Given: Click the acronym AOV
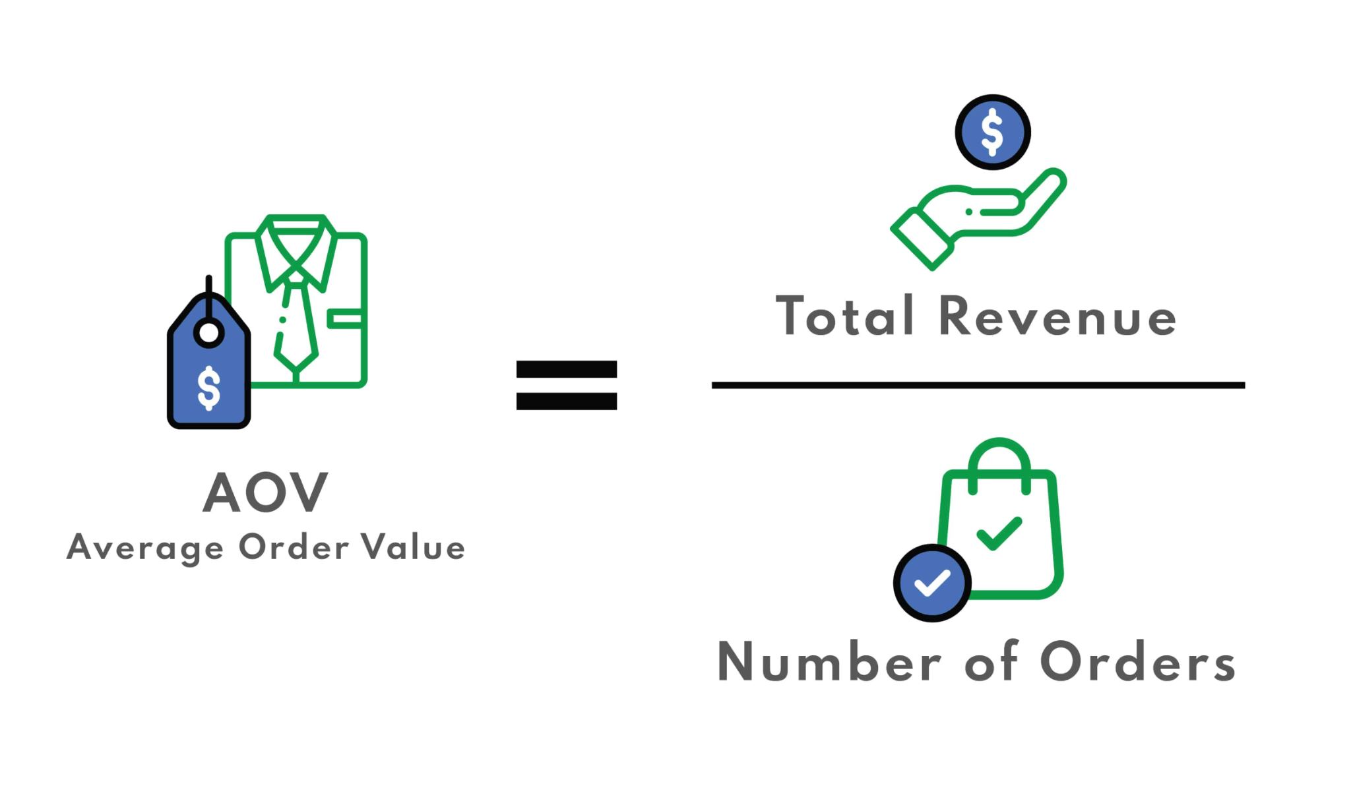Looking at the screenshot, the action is tap(265, 492).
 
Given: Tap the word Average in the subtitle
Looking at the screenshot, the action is tap(145, 548).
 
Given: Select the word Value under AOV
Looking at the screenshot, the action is tap(414, 547).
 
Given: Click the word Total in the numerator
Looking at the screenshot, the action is tap(845, 316).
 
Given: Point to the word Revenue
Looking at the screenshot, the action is tap(1057, 316).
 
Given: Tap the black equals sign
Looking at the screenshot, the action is tap(566, 385).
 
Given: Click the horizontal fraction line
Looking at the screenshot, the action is tap(978, 385).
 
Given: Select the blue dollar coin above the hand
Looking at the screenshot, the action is tap(992, 133).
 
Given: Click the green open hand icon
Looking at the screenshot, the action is tap(976, 218).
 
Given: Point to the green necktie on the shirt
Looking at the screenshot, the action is tap(297, 323).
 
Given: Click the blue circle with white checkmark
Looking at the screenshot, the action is tap(931, 583).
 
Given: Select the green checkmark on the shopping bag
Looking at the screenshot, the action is tap(999, 533).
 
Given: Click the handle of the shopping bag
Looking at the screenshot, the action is tap(999, 455).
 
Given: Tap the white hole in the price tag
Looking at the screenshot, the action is tap(209, 333).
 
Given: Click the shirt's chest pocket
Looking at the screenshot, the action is tap(344, 319).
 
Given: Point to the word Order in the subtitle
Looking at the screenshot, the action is tap(294, 547).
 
